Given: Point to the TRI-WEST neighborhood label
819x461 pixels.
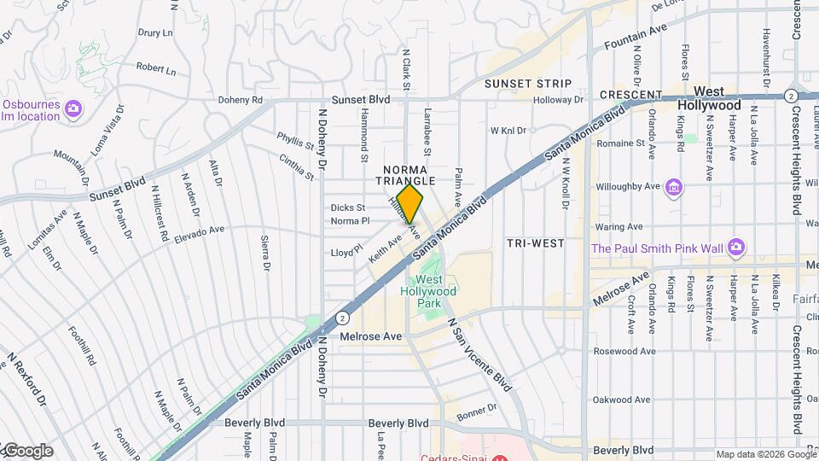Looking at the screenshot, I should click(x=536, y=243).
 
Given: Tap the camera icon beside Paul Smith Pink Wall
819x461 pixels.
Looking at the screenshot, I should click(x=736, y=248).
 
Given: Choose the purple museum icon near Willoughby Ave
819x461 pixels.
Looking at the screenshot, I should click(x=675, y=187).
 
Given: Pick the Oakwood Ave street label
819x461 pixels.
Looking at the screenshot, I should click(x=624, y=399).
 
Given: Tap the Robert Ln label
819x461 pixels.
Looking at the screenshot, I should click(x=154, y=67).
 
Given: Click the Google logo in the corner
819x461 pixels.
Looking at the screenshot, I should click(x=27, y=451).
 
